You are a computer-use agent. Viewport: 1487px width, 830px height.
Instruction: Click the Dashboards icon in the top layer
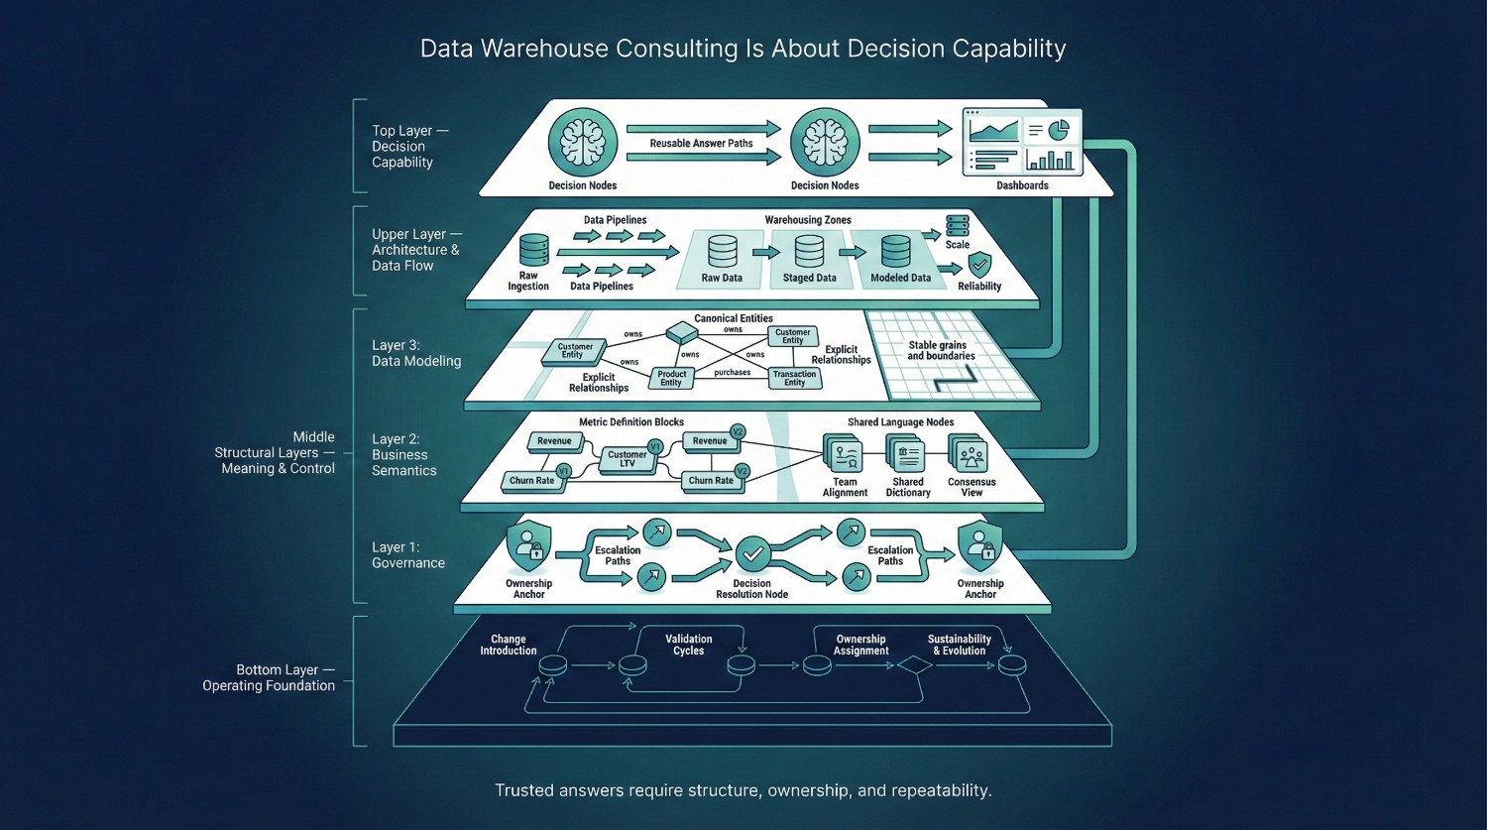(1022, 143)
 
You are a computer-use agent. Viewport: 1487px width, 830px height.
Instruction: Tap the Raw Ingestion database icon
(533, 251)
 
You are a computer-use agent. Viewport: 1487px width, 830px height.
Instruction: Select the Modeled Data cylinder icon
(896, 252)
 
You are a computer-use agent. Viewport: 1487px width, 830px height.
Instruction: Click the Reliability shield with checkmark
(979, 265)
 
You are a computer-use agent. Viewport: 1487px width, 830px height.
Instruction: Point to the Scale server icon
(957, 225)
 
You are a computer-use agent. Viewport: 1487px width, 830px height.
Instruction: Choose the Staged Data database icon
(810, 252)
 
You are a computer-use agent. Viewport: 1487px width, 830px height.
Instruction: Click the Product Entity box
(671, 378)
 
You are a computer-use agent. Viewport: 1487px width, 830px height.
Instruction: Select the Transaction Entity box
(795, 378)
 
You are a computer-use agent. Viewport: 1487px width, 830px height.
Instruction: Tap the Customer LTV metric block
(628, 459)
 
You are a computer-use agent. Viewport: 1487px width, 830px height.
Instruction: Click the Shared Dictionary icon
(907, 456)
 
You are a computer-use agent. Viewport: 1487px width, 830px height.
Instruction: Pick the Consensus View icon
(971, 456)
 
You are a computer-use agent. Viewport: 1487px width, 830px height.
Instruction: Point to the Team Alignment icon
(846, 456)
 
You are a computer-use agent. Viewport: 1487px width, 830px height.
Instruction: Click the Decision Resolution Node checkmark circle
(752, 553)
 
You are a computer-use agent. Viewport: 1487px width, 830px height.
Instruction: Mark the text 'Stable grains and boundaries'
(940, 350)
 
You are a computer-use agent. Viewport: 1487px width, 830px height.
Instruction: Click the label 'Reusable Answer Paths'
(701, 144)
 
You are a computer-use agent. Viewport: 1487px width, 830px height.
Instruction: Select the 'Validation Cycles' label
(688, 645)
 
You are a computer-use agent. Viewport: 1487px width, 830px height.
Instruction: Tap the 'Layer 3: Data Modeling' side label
(416, 353)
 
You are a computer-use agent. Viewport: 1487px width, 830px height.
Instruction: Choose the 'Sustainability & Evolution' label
(959, 645)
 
